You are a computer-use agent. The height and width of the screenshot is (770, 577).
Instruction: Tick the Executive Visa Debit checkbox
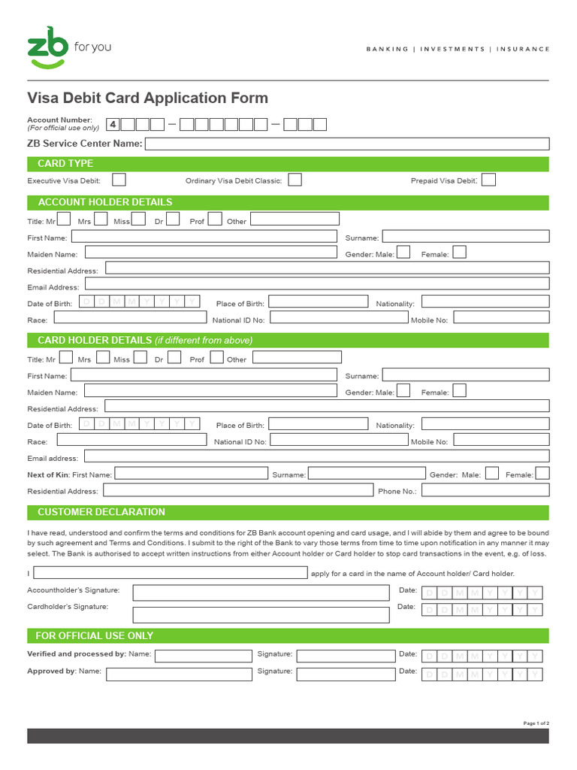tap(119, 180)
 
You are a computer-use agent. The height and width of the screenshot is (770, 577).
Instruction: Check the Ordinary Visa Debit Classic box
tap(295, 180)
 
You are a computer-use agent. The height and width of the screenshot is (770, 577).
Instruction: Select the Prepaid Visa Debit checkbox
tap(488, 180)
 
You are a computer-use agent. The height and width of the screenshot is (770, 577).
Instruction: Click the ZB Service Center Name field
tap(346, 144)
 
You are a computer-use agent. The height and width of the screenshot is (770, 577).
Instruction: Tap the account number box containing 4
tap(113, 125)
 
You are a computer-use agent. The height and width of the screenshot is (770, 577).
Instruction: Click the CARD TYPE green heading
tap(65, 163)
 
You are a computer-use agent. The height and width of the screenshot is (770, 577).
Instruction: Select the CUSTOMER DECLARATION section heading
tap(101, 512)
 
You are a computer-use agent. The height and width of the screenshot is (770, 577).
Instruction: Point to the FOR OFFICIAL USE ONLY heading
tap(95, 635)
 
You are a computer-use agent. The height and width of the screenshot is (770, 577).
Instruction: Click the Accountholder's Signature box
tap(261, 593)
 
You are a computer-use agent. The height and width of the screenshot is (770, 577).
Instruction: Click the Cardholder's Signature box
tap(261, 614)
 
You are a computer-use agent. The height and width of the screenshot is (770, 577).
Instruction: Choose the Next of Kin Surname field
tap(367, 474)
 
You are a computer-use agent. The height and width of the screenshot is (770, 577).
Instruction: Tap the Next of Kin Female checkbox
tap(542, 474)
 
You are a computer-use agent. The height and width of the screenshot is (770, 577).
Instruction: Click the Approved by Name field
tap(179, 674)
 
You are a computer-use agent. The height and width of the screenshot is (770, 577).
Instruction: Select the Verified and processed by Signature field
tap(344, 656)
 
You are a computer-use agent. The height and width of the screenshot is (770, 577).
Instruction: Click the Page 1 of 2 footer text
tap(536, 723)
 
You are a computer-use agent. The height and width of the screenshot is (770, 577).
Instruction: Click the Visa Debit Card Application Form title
tap(147, 99)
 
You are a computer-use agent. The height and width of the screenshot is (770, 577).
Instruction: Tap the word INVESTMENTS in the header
tap(452, 49)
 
